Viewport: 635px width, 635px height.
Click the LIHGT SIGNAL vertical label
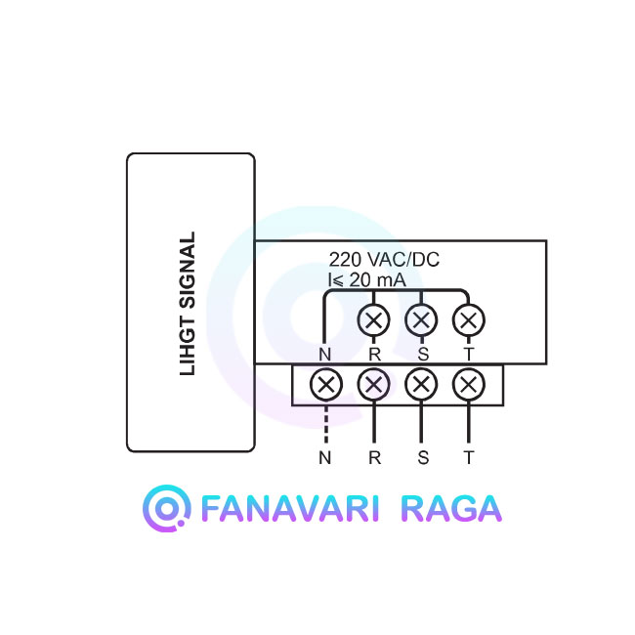188,303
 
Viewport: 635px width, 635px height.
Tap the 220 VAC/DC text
384,260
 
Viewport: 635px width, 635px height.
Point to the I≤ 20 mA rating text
367,280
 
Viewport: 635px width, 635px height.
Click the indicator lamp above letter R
374,320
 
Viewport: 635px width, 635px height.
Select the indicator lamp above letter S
421,320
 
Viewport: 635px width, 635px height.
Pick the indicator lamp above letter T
469,320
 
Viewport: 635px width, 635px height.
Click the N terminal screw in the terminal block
326,384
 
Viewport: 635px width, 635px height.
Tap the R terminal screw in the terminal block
374,384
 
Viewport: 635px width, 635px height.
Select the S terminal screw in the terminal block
421,384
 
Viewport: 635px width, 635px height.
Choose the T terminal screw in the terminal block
469,384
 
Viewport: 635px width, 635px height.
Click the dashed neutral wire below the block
326,423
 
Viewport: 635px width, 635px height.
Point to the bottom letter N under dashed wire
324,458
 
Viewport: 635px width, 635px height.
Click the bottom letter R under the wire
374,458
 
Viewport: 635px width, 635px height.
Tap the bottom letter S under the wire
423,458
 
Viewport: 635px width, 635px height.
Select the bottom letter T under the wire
469,458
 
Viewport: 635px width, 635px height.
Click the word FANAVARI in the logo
289,508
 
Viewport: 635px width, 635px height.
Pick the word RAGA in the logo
451,508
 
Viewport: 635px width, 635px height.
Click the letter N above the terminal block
324,355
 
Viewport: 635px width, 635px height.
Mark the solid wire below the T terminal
469,422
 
